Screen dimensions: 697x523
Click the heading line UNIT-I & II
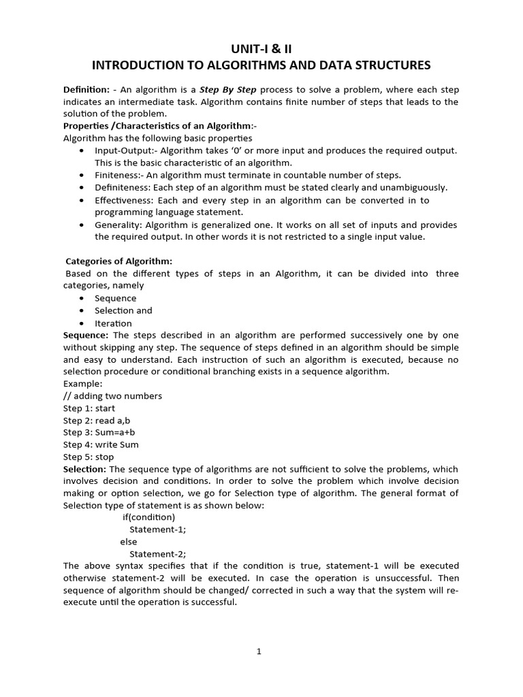[x=261, y=47]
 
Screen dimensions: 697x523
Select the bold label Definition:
[x=86, y=90]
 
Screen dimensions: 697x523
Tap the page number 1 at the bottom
[x=259, y=651]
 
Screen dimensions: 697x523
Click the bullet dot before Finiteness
[x=82, y=175]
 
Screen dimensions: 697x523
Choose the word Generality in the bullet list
[x=116, y=225]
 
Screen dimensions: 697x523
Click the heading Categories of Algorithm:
[x=118, y=261]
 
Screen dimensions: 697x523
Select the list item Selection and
[x=123, y=310]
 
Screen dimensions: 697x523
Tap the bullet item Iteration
[x=113, y=323]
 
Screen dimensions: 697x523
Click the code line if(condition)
[x=148, y=517]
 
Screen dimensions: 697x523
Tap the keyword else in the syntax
[x=128, y=542]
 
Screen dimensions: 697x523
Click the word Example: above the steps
[x=82, y=384]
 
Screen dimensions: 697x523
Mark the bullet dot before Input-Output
[x=82, y=150]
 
